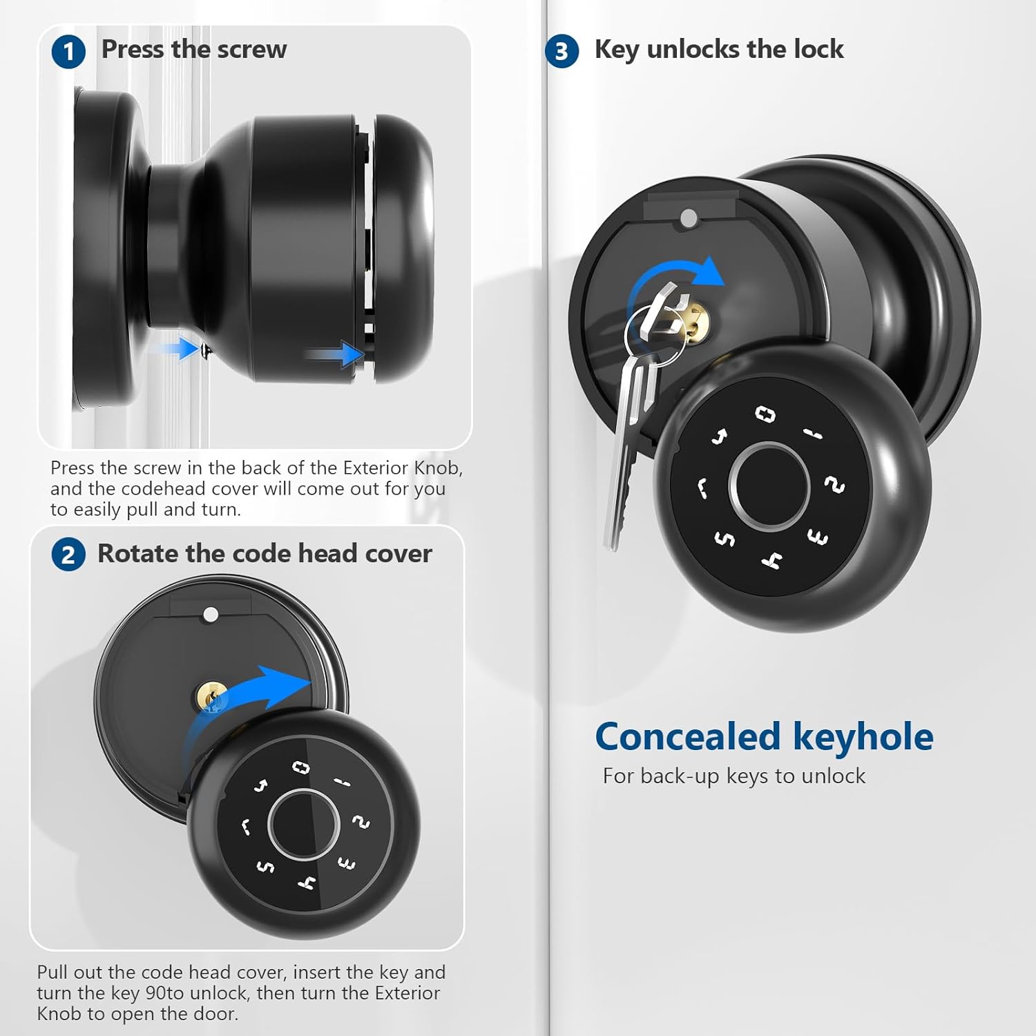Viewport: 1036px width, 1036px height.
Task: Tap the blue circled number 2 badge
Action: (68, 555)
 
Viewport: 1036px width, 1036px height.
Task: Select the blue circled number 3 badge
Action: (562, 52)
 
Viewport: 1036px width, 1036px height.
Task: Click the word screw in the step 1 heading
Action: (251, 50)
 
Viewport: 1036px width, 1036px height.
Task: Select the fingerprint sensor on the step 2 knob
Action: (303, 825)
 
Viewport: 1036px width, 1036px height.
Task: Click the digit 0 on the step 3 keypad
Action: (765, 414)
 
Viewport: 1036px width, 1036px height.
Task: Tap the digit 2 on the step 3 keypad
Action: (835, 486)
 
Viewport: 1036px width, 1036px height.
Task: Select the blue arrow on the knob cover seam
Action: (335, 356)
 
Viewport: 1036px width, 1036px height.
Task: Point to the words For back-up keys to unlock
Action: (733, 776)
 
